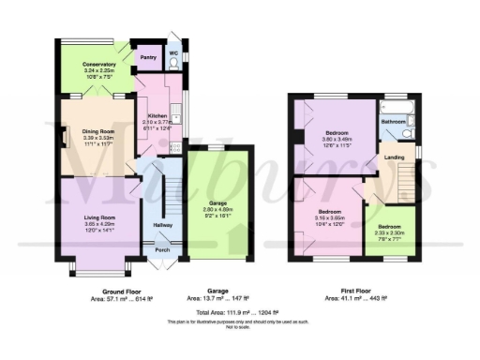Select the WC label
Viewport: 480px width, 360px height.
(x=173, y=52)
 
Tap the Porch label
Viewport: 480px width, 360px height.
(x=161, y=249)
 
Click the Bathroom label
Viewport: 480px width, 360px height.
(x=392, y=121)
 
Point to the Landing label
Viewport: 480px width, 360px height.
(x=394, y=157)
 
